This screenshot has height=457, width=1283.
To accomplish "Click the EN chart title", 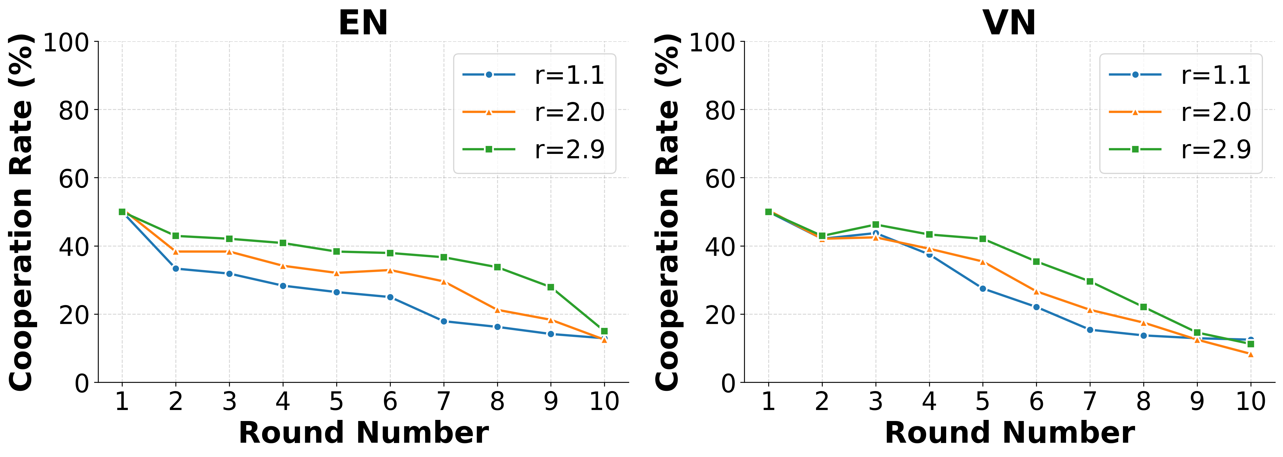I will pos(363,23).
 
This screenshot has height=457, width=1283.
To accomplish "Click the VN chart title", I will pos(1009,23).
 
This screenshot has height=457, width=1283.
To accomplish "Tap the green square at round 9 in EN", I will pos(550,287).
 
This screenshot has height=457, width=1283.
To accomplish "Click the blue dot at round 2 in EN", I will pos(176,269).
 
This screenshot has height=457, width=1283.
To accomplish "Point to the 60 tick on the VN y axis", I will pos(720,179).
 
